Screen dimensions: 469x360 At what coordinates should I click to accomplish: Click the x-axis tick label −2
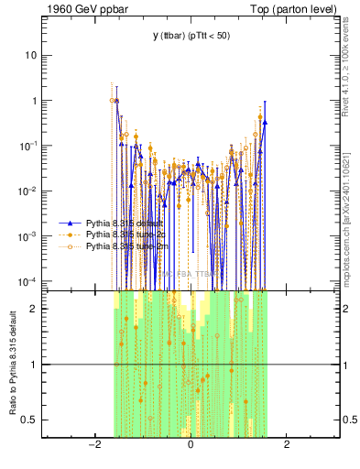tap(93, 445)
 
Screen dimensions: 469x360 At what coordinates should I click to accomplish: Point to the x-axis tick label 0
tap(191, 445)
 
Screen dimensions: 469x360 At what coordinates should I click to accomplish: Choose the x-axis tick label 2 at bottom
tap(287, 445)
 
